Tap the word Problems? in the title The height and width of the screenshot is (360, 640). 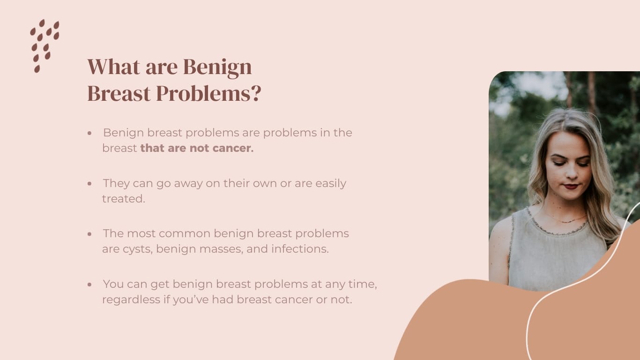click(208, 93)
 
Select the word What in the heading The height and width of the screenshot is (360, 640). click(114, 67)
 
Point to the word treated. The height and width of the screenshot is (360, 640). click(124, 199)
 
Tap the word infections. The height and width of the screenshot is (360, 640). click(300, 249)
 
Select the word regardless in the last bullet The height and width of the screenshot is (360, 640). click(131, 300)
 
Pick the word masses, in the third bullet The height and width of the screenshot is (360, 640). click(221, 249)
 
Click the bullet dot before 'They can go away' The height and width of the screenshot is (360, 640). click(89, 184)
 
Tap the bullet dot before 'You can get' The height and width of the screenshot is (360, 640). click(89, 285)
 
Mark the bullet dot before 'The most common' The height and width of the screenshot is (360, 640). click(89, 234)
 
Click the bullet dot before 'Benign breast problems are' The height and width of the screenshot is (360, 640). click(89, 133)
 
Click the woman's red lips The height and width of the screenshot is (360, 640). click(571, 187)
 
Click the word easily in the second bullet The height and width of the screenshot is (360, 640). click(331, 184)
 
